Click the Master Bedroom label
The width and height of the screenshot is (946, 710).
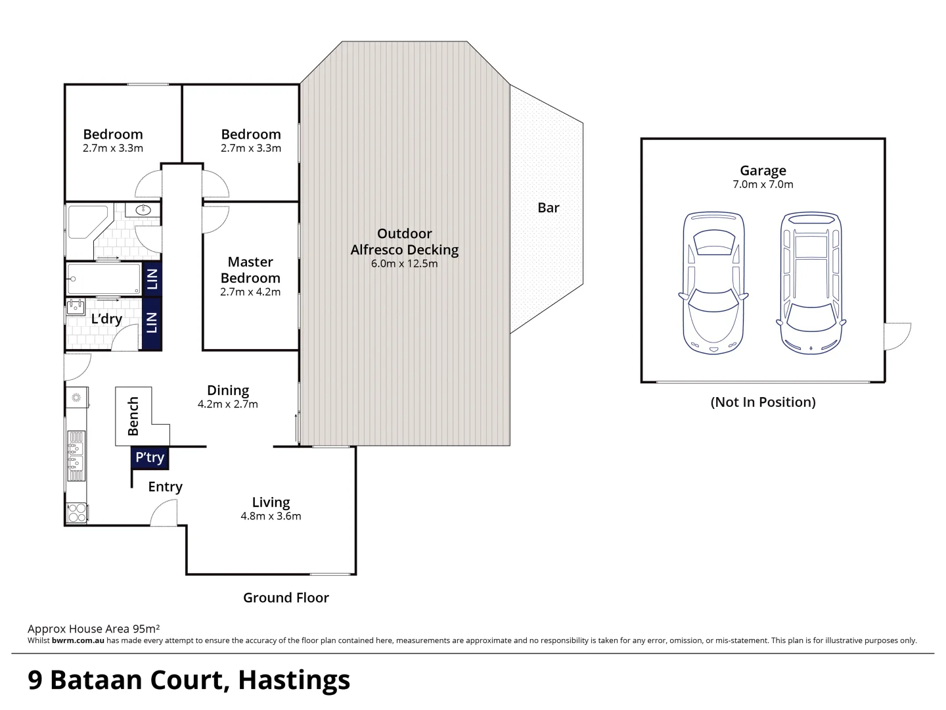[250, 270]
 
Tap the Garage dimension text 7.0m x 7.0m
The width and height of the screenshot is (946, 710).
[763, 185]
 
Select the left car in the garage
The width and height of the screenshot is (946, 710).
[713, 283]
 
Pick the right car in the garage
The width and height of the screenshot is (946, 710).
[811, 283]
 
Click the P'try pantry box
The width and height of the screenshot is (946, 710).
[150, 458]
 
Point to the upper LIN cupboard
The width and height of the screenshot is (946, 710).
[152, 279]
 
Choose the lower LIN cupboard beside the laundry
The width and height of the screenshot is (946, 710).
[152, 323]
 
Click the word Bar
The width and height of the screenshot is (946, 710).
[548, 208]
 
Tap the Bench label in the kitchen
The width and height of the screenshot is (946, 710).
[133, 416]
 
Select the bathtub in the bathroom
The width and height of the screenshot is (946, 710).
[104, 279]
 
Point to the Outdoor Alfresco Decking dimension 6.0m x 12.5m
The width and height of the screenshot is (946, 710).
[404, 264]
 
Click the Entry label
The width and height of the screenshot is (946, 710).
[165, 486]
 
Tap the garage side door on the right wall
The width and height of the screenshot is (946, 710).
[897, 336]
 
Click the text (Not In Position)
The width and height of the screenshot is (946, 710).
[763, 402]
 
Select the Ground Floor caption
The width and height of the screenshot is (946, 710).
[286, 598]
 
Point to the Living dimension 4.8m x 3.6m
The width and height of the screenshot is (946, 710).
[271, 516]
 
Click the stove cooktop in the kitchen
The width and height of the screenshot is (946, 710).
[77, 513]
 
